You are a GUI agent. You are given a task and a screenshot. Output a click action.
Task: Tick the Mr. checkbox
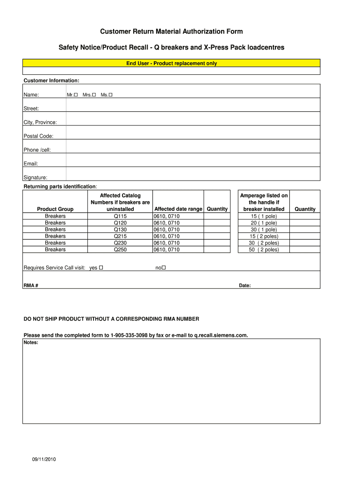click(76, 95)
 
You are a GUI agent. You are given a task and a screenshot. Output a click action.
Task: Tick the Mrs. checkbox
click(94, 95)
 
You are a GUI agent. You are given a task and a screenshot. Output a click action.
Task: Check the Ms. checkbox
click(111, 95)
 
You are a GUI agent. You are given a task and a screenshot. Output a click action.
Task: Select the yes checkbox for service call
click(101, 268)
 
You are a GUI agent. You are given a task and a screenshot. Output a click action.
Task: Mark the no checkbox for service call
click(164, 268)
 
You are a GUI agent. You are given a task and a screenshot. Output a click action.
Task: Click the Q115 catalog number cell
click(120, 216)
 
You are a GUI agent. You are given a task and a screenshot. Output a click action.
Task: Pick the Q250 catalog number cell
click(120, 250)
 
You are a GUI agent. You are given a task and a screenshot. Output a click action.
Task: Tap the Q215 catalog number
click(120, 236)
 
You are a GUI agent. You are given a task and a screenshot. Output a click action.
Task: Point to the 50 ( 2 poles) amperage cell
click(264, 250)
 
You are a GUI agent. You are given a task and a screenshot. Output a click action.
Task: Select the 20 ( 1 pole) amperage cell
click(264, 223)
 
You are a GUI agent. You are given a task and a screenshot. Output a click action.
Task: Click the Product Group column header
click(55, 209)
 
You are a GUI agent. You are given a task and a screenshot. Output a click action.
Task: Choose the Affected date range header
click(178, 209)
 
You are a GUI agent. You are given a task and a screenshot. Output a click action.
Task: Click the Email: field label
click(31, 164)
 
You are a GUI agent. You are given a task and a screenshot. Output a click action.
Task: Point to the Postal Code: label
click(38, 136)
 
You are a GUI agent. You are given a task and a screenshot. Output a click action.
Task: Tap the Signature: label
click(35, 177)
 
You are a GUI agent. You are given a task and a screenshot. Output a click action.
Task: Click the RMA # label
click(31, 285)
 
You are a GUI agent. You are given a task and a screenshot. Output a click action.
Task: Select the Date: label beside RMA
click(245, 285)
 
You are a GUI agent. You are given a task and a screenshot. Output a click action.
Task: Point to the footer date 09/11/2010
click(41, 459)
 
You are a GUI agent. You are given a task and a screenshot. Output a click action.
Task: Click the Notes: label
click(31, 342)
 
